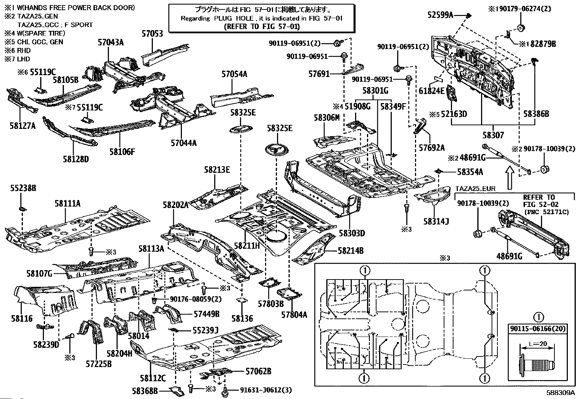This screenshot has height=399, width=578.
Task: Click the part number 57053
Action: pyautogui.click(x=152, y=33)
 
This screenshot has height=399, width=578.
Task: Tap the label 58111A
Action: pyautogui.click(x=68, y=204)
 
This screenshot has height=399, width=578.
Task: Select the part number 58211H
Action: pyautogui.click(x=247, y=246)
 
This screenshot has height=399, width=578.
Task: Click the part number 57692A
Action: pyautogui.click(x=432, y=147)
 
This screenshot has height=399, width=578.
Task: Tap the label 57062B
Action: pyautogui.click(x=259, y=371)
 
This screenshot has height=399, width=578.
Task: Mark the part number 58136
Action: pyautogui.click(x=242, y=318)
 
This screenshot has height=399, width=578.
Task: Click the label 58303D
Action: pyautogui.click(x=351, y=233)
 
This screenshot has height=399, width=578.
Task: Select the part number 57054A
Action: pyautogui.click(x=235, y=74)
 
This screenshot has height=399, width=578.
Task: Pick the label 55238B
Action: pyautogui.click(x=23, y=188)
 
